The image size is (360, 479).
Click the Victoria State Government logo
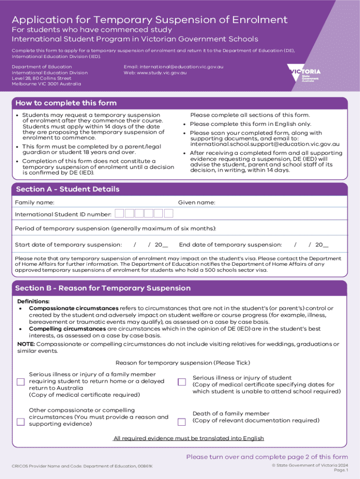304,74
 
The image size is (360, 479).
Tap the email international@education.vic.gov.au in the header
173,67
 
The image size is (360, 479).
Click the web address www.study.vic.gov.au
155,73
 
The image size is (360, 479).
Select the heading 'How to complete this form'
66,103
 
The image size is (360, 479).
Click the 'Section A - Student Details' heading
68,189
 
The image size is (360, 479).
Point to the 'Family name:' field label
35,203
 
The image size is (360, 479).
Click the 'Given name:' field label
196,203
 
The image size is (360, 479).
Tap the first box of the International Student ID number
120,214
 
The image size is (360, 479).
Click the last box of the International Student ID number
169,214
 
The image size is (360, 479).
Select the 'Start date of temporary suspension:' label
68,245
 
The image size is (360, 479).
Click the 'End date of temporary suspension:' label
230,245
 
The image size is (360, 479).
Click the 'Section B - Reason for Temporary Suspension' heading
103,288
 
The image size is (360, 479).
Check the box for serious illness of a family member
21,382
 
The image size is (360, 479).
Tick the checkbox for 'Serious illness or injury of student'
182,382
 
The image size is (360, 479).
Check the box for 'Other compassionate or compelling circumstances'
21,421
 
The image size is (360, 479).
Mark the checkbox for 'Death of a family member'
182,422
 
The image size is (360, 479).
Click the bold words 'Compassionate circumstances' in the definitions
73,308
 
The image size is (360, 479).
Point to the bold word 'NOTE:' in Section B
26,344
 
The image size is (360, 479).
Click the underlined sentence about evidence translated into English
189,438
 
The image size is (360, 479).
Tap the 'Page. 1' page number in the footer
341,470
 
